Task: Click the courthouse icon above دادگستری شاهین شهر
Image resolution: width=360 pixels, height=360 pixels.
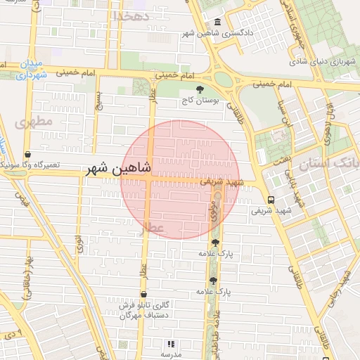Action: point(217,22)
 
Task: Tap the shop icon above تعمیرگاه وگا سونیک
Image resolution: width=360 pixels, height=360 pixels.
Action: point(27,154)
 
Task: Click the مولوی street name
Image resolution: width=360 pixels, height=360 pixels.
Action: point(214,211)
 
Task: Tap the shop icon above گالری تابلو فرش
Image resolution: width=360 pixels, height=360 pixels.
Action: point(144,295)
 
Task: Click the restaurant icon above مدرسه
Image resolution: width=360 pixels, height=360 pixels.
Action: point(169,344)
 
